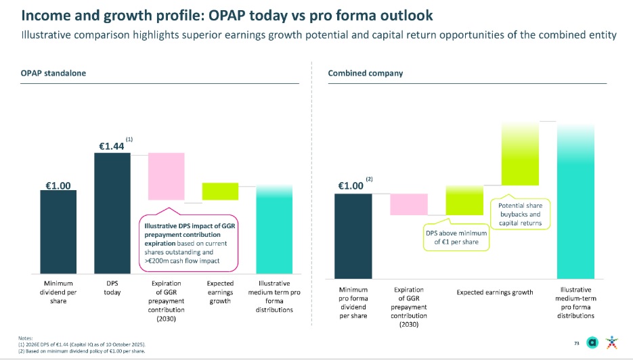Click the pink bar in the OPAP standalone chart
[166, 176]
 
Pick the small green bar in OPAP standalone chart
[220, 191]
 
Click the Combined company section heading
[355, 72]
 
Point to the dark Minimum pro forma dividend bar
[353, 235]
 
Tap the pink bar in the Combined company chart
[409, 204]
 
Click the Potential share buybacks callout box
[521, 214]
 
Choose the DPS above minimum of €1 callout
[456, 238]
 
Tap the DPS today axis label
[112, 288]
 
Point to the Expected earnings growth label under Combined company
[495, 293]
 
